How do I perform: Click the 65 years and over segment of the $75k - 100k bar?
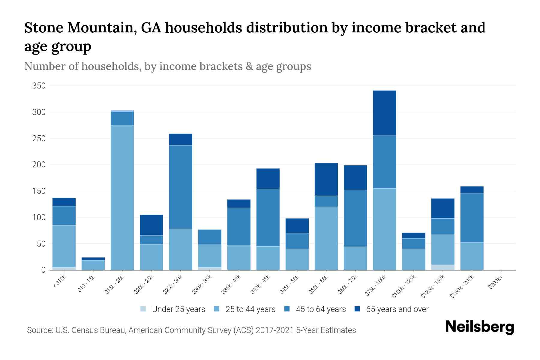384,113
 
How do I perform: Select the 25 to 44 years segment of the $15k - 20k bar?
122,197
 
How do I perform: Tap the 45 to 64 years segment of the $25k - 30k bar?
181,187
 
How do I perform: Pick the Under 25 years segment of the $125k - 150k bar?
442,267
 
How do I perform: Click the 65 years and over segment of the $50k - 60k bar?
326,179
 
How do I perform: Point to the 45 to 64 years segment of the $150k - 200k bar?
472,218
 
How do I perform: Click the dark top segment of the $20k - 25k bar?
151,225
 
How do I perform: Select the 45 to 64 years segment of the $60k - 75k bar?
355,218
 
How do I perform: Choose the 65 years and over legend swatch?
357,309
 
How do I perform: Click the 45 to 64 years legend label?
321,309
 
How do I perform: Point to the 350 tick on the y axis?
39,86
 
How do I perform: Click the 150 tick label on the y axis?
39,191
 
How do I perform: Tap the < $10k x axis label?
59,282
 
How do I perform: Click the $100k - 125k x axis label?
404,287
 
